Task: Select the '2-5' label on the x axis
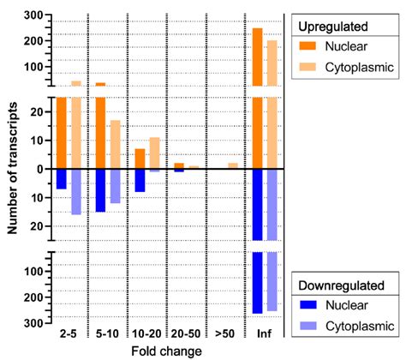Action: [69, 333]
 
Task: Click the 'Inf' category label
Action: [263, 333]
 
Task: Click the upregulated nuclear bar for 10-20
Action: [140, 159]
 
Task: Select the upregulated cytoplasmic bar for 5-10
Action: [115, 144]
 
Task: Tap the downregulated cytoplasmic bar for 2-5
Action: [75, 191]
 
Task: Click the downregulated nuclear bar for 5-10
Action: [100, 189]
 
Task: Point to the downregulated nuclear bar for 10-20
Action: [140, 180]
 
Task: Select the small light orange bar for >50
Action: [233, 165]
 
